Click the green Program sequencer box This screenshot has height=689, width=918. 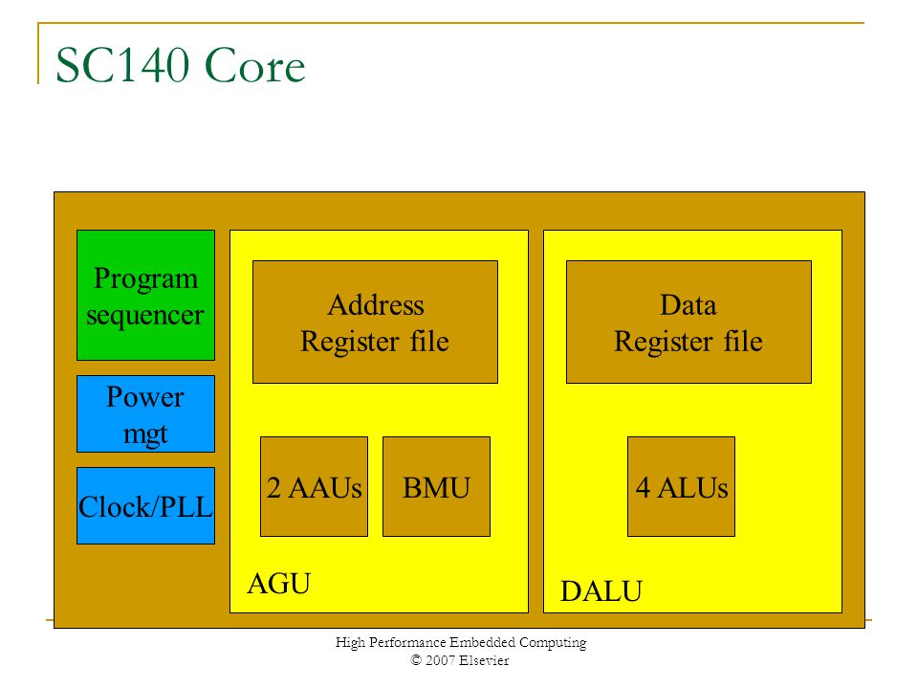click(x=145, y=295)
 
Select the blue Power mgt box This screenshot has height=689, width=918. click(x=145, y=413)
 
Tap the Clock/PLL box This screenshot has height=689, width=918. click(x=145, y=505)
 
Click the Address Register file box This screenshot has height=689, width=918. click(x=375, y=322)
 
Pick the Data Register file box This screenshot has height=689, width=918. click(x=688, y=322)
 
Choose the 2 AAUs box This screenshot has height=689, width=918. click(x=315, y=486)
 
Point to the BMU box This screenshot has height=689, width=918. click(x=436, y=486)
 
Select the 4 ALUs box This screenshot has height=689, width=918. click(x=681, y=486)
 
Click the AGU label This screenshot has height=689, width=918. click(x=279, y=584)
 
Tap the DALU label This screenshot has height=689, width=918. click(x=601, y=591)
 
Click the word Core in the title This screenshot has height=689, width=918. click(x=254, y=66)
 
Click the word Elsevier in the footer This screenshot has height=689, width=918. click(x=484, y=660)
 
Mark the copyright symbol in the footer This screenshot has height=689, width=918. click(x=416, y=660)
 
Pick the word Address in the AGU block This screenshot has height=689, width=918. click(x=376, y=304)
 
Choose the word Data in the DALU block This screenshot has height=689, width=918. click(x=688, y=304)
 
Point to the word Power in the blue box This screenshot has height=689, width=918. click(x=145, y=397)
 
